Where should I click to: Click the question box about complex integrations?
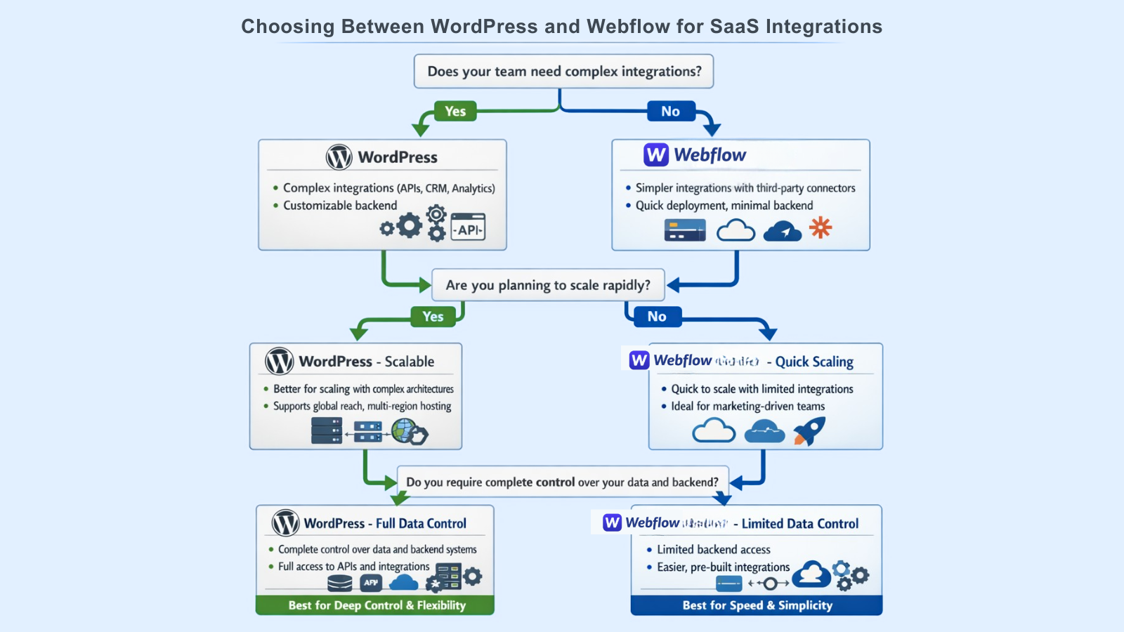point(563,72)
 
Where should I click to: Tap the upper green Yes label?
point(455,111)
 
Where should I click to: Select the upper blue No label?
point(670,111)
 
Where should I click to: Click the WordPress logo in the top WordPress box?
point(339,157)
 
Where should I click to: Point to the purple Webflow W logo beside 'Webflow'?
point(656,155)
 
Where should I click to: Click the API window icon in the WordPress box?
point(469,228)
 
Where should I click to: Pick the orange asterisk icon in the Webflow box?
point(821,228)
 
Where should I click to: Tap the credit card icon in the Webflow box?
point(685,230)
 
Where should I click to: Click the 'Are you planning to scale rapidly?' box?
point(548,285)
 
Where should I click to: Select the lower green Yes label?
point(433,317)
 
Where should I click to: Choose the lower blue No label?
point(657,317)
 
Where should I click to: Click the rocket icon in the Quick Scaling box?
point(809,430)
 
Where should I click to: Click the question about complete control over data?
point(562,482)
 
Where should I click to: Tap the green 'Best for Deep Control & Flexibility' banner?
point(376,605)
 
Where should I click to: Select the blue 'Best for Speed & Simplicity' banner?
point(757,605)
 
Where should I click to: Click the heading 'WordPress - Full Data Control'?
point(385,524)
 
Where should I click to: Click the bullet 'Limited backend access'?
point(713,550)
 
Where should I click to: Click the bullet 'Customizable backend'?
point(340,206)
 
